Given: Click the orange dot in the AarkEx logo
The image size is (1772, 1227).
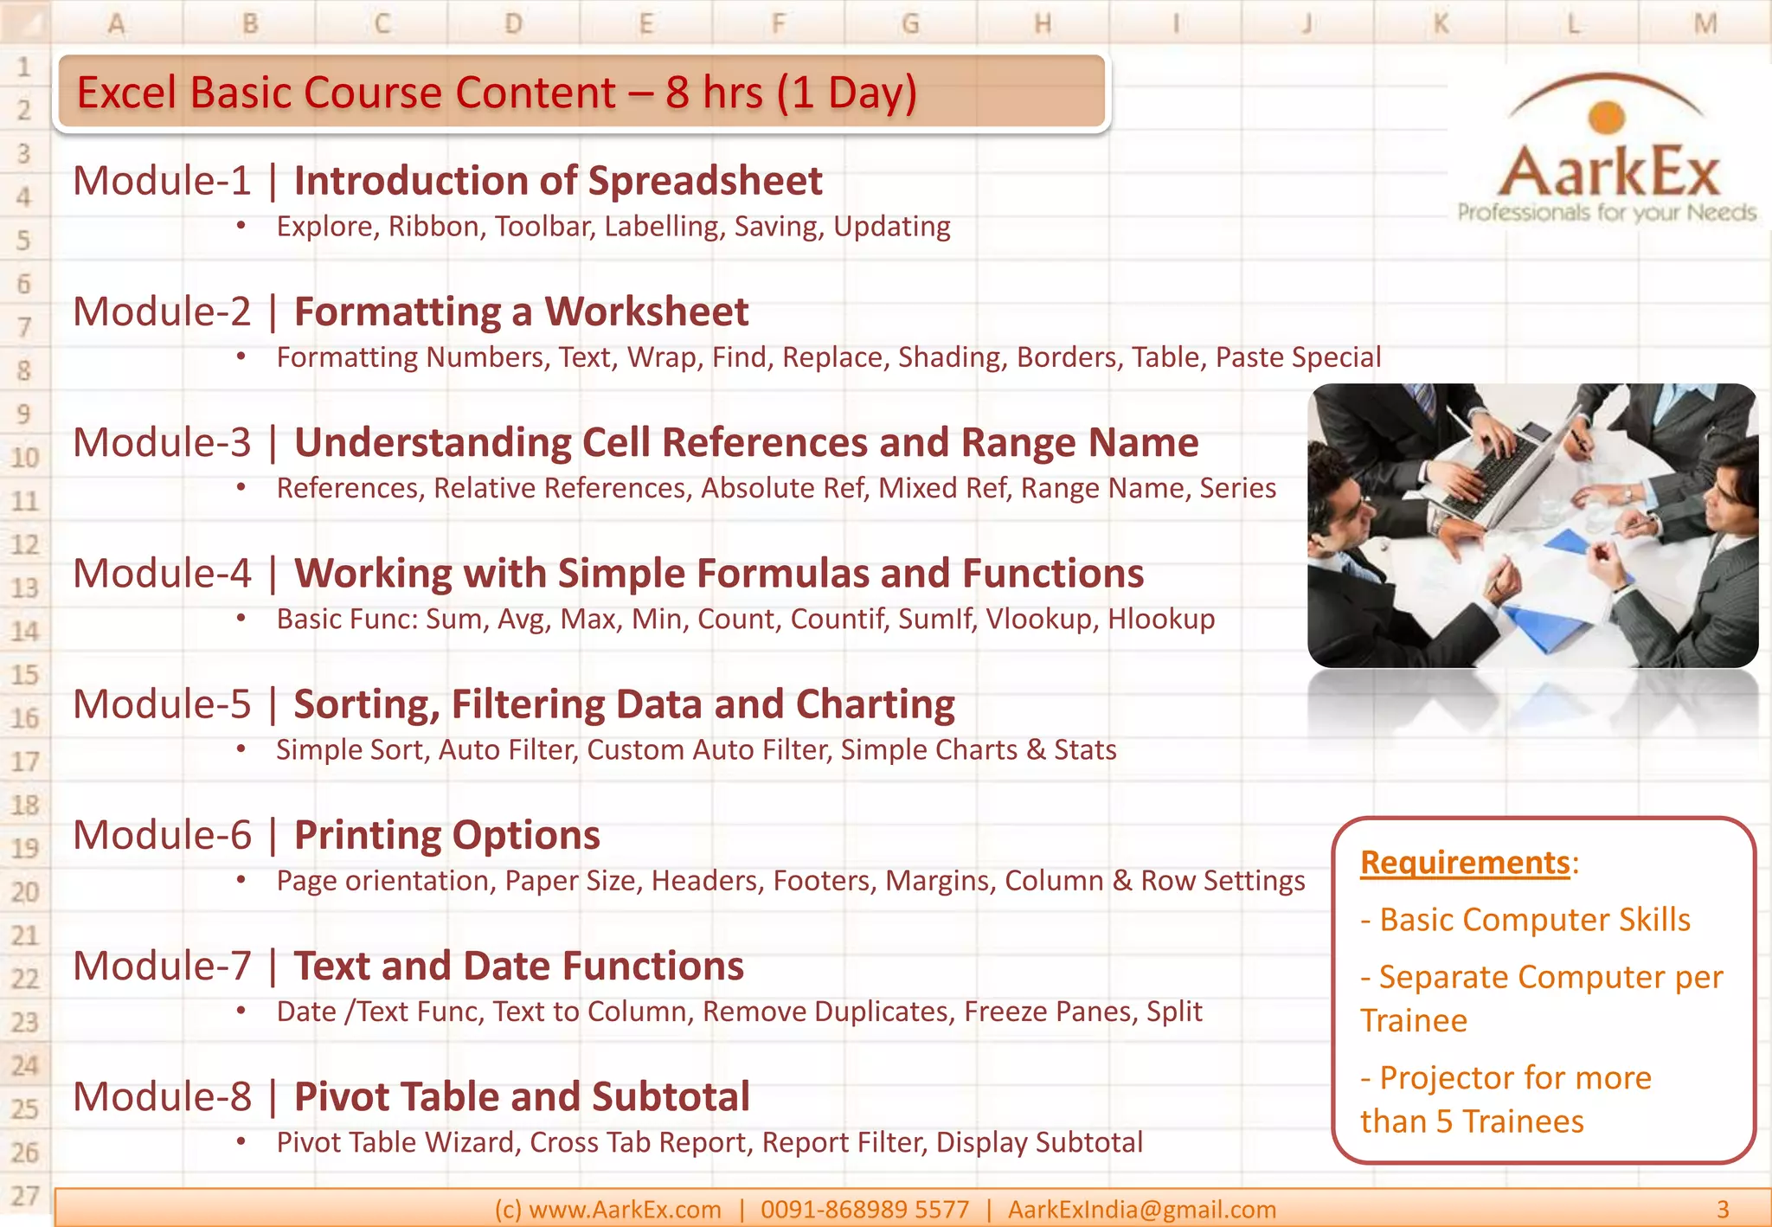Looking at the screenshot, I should [x=1607, y=118].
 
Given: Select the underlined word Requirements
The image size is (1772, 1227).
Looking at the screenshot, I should [x=1464, y=863].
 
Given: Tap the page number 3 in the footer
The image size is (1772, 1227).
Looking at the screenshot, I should [x=1722, y=1209].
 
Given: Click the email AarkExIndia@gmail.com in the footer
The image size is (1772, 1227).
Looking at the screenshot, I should [x=1141, y=1209].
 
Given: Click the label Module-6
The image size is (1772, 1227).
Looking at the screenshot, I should [x=162, y=835].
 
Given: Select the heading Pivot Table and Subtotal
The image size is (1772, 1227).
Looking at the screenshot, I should [x=522, y=1096].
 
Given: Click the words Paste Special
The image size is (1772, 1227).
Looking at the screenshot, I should [x=1298, y=357].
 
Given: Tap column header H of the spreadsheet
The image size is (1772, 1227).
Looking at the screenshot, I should [x=1043, y=23].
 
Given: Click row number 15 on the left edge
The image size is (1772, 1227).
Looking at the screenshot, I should [x=24, y=674].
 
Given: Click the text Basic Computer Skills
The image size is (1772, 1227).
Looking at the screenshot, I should [x=1534, y=920].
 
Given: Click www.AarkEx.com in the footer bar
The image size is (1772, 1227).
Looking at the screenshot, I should [x=624, y=1209].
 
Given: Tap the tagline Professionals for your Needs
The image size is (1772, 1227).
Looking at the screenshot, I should [x=1606, y=213].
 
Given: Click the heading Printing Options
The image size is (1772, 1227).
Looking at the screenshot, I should [x=446, y=835].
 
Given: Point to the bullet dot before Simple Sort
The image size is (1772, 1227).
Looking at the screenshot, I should [x=241, y=748].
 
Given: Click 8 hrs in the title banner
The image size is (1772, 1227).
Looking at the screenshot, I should [x=714, y=93].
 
